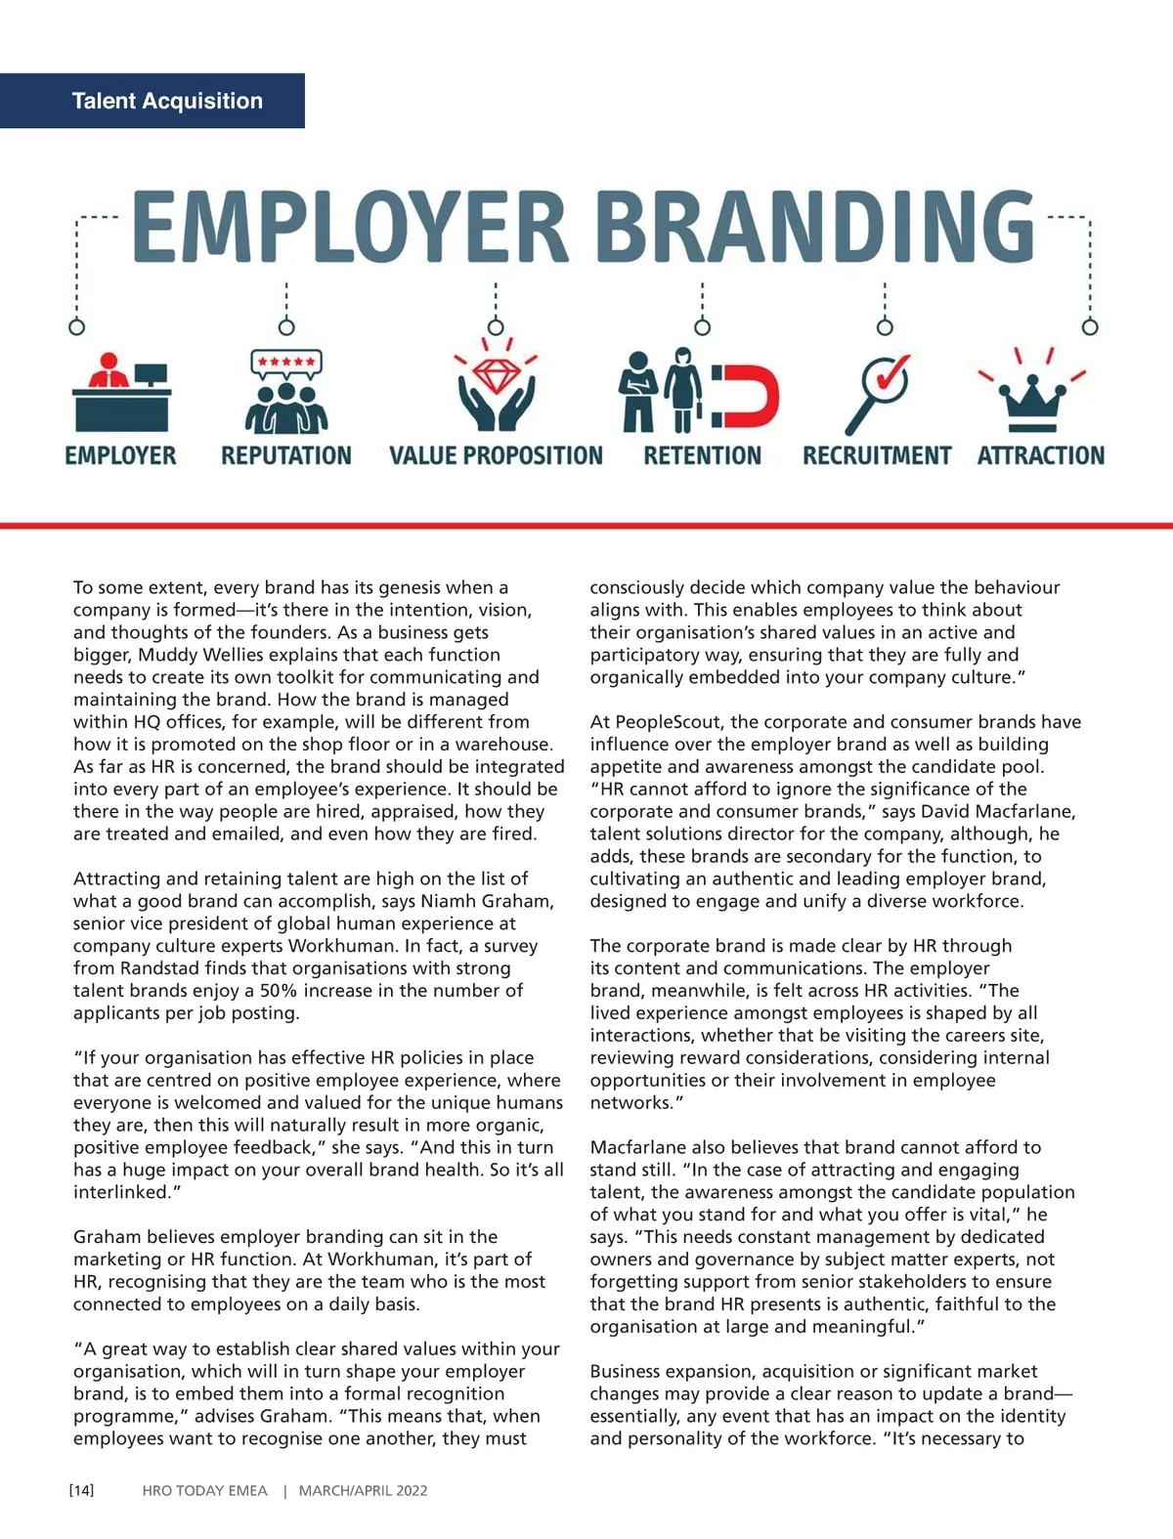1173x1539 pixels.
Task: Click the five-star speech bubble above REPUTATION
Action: pos(285,363)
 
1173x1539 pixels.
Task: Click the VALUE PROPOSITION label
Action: pos(496,456)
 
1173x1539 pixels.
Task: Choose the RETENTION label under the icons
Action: pos(702,456)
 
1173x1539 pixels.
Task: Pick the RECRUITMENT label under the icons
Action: pos(876,456)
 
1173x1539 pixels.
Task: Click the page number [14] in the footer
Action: pos(82,1490)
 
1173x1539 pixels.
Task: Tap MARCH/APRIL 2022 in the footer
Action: pos(363,1490)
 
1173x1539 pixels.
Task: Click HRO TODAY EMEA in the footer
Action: pos(204,1490)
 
